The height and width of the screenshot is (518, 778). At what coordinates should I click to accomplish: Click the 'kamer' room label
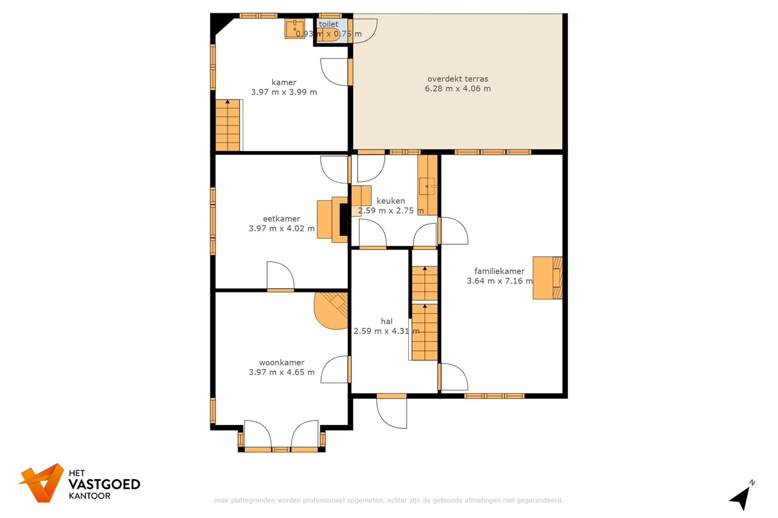coord(284,82)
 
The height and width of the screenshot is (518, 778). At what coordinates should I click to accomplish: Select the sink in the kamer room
coord(294,29)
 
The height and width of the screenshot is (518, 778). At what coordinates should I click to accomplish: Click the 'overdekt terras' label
coord(457,79)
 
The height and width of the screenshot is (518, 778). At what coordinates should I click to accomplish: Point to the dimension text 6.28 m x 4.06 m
coord(457,89)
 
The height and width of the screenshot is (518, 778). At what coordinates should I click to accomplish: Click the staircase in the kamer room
coord(228,125)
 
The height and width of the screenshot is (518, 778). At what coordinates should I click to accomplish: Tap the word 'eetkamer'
coord(281,219)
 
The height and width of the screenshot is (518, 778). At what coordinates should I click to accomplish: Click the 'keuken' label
coord(391,201)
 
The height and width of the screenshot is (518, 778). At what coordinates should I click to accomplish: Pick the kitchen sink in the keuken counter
coord(428,186)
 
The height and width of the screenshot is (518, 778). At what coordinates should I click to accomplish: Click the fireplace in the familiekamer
coord(548,278)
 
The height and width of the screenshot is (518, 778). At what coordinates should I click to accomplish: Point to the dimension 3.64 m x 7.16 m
coord(499,281)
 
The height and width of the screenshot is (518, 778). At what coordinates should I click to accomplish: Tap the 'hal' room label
coord(386,321)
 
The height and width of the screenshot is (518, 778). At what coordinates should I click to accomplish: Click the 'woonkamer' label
coord(282,363)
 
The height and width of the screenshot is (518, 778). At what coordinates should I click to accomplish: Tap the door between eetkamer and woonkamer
coord(280,277)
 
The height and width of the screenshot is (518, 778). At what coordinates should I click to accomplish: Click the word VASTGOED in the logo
coord(104,485)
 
